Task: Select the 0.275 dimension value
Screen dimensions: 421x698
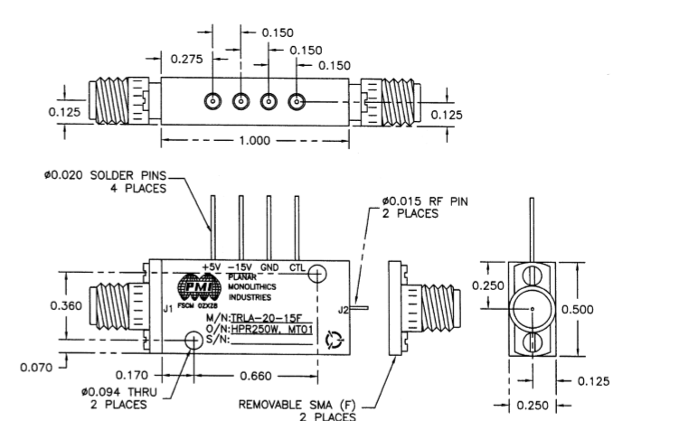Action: tap(188, 60)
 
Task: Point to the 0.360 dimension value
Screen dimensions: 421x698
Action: tap(65, 304)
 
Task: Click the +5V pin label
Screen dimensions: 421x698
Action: tap(211, 268)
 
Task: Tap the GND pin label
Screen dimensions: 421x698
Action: tap(269, 268)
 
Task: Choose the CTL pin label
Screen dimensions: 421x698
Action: tap(297, 268)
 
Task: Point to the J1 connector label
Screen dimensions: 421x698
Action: tap(167, 309)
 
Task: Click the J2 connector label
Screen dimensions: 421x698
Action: tap(342, 309)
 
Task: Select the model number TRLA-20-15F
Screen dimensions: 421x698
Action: tap(271, 317)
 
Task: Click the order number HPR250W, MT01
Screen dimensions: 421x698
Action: tap(272, 329)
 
